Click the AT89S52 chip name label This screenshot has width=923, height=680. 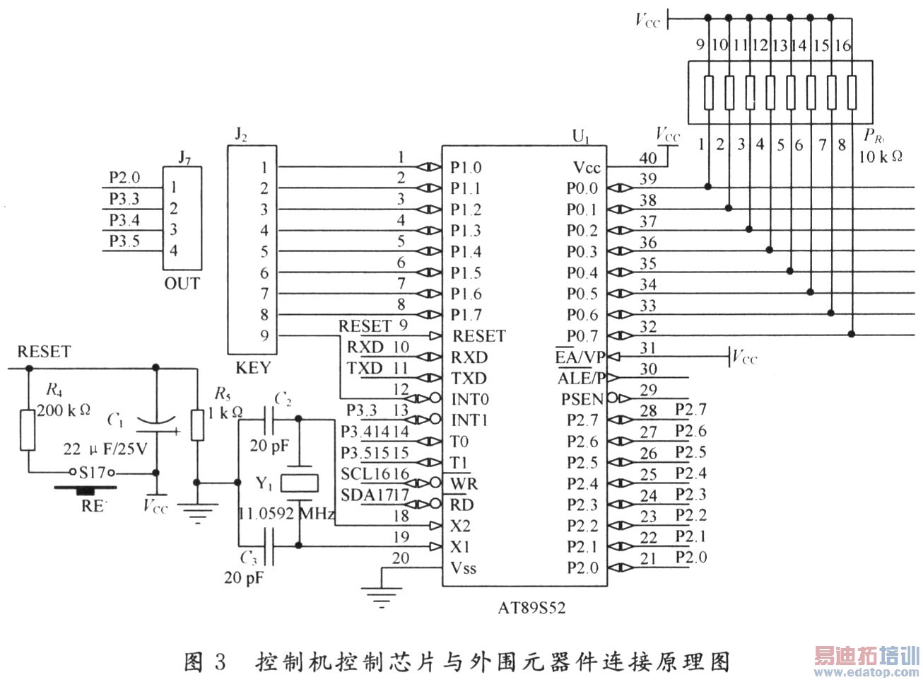531,608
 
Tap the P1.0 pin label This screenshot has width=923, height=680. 466,168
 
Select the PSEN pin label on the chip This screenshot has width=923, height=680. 582,399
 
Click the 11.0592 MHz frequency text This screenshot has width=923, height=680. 286,514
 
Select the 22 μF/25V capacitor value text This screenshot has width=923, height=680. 105,449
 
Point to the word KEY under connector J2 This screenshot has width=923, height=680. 253,368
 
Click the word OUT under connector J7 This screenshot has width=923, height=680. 182,284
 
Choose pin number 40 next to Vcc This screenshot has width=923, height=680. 647,158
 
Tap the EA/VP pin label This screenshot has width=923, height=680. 580,357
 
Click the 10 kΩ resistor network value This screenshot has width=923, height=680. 881,156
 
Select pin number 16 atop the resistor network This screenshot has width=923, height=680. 843,45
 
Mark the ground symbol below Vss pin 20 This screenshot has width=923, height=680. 382,599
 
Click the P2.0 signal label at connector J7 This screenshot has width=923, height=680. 124,178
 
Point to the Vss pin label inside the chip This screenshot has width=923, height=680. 464,567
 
